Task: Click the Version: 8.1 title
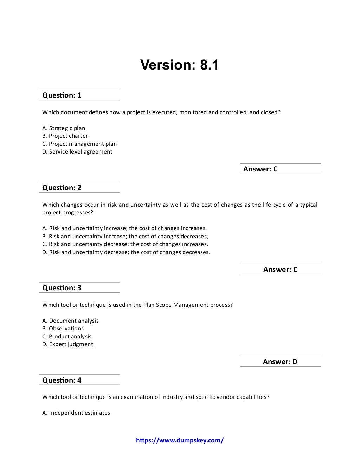pos(179,65)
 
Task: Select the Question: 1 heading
pos(62,95)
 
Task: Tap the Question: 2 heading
pos(62,188)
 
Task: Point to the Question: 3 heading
pos(62,288)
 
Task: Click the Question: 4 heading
pos(62,380)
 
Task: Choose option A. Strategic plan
pos(64,128)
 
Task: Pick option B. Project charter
pos(65,136)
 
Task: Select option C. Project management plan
pos(79,144)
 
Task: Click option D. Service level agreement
pos(77,152)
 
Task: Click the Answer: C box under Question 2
pos(280,270)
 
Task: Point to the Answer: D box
pos(280,362)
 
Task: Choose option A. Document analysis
pos(70,321)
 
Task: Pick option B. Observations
pos(63,329)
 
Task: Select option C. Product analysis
pos(67,337)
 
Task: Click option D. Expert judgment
pos(67,344)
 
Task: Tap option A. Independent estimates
pos(76,413)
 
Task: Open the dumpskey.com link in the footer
pos(180,440)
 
